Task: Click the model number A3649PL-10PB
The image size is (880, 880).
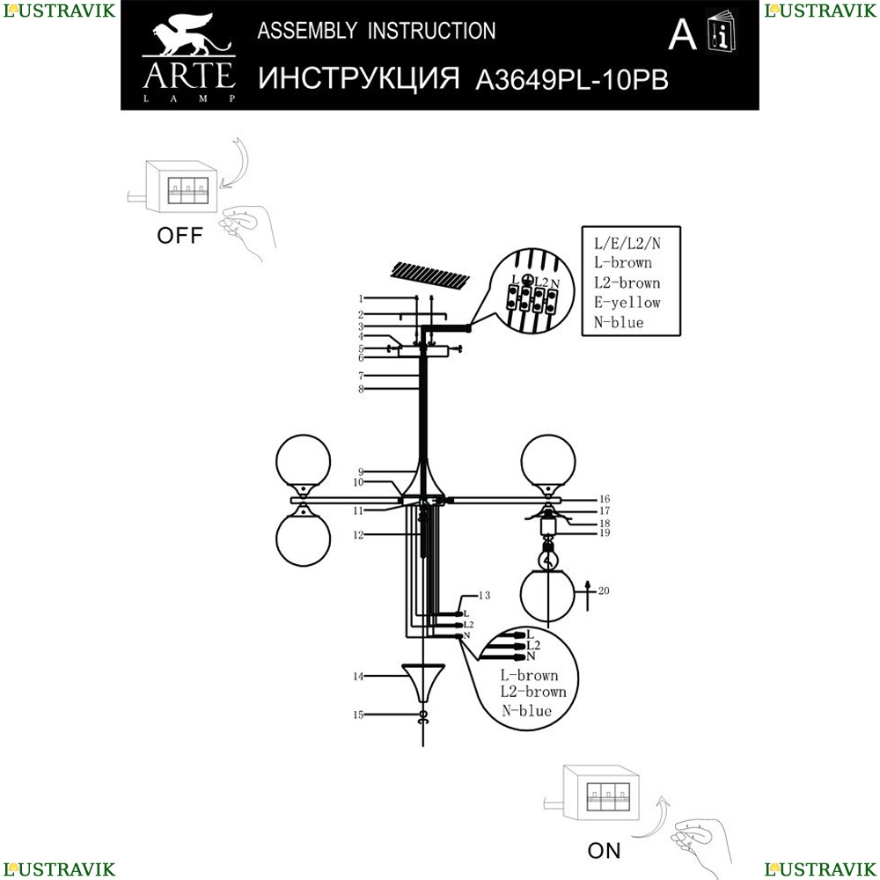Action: (x=572, y=80)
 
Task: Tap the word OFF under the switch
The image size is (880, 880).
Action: (x=180, y=236)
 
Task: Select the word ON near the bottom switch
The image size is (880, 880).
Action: (x=604, y=851)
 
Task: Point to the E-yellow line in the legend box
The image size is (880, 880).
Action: (x=627, y=303)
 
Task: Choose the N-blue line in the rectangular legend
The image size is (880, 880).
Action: (x=619, y=322)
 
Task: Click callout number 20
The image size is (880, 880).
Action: (x=604, y=590)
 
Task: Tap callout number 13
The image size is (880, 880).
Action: (x=484, y=595)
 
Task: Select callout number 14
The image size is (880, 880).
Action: (x=359, y=676)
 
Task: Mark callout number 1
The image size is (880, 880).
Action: (x=361, y=298)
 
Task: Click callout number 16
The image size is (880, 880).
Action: (x=605, y=499)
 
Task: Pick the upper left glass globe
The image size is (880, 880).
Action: (x=303, y=461)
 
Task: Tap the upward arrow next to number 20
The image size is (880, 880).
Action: (x=588, y=596)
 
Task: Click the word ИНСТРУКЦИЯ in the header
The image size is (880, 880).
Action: (x=359, y=78)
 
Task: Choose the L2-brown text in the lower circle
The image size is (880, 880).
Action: (x=533, y=692)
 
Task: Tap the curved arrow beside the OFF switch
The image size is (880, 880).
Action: (x=238, y=163)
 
